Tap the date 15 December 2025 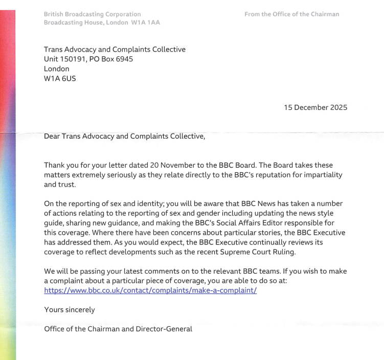point(315,107)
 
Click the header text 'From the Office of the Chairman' point(291,14)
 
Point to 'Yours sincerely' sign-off point(70,310)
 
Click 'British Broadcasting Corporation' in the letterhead point(93,14)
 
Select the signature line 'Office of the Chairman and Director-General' point(118,329)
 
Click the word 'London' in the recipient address point(57,69)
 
